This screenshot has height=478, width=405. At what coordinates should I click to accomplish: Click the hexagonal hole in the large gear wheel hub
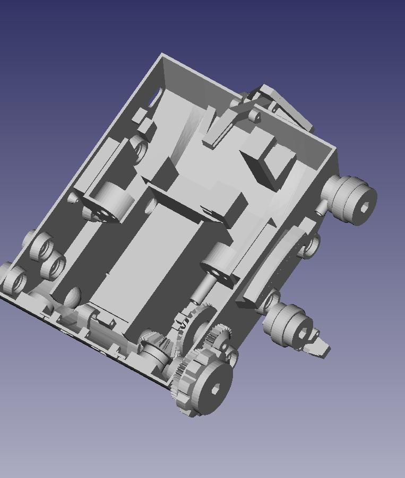pyautogui.click(x=215, y=390)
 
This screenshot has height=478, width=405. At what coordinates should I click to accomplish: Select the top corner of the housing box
pyautogui.click(x=162, y=54)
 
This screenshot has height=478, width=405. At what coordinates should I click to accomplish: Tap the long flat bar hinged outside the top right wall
pyautogui.click(x=289, y=109)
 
